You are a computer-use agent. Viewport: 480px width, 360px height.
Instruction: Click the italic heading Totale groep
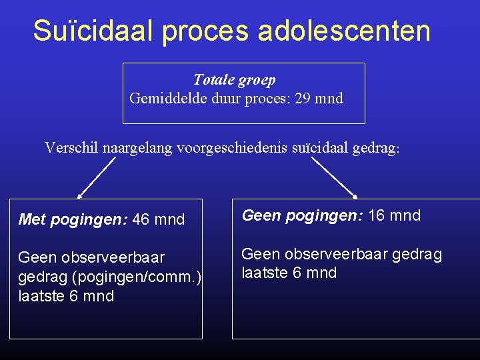coord(234,80)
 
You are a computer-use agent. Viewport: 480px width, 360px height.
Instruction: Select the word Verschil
coord(71,147)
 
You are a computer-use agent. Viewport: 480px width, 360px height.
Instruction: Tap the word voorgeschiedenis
coord(233,148)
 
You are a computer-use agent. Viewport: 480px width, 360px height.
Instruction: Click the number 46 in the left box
coord(141,219)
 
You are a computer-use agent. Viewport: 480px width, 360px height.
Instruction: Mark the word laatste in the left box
coord(41,296)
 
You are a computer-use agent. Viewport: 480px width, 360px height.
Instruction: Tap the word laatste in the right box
coord(264,273)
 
